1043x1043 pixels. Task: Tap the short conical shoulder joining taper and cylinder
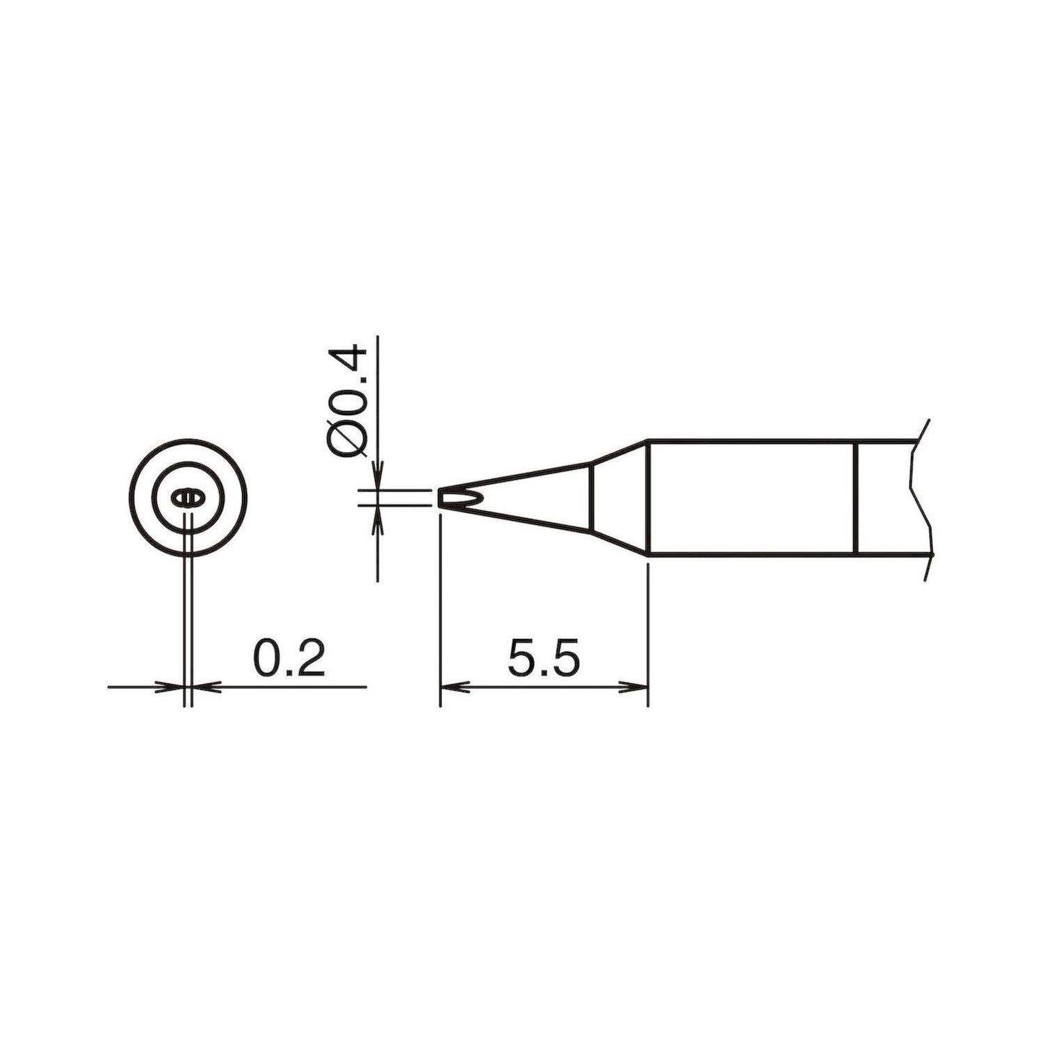619,498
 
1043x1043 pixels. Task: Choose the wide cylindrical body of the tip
751,498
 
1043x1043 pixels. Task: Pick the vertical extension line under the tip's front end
440,612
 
